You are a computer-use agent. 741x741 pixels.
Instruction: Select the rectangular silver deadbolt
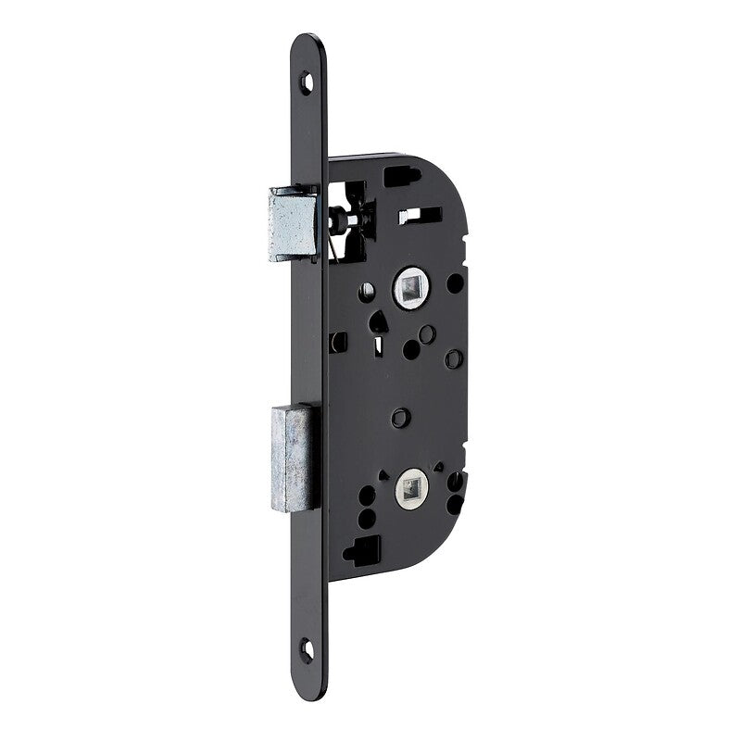point(295,456)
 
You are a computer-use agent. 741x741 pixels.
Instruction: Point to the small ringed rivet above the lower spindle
point(399,418)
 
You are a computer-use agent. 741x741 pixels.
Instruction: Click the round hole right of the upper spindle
point(454,283)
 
